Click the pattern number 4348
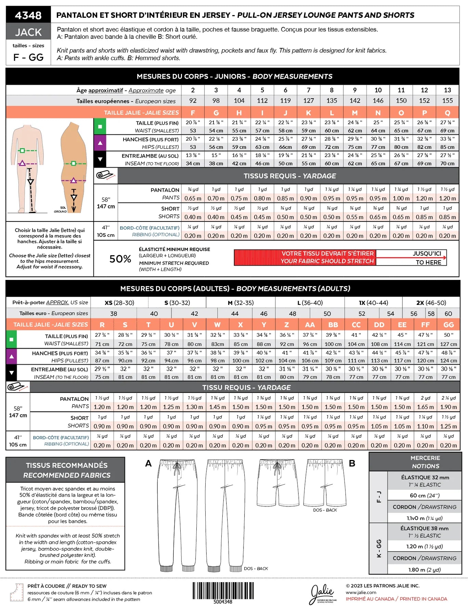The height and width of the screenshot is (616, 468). click(x=28, y=15)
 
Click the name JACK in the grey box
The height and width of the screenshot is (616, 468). click(x=28, y=32)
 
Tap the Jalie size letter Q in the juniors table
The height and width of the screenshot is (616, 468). click(x=447, y=113)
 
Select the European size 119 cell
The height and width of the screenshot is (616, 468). click(x=285, y=101)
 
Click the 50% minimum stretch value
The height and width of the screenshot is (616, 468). click(x=120, y=259)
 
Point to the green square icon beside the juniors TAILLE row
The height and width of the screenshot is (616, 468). click(x=100, y=126)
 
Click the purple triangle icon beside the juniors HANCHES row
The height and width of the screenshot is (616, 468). click(x=100, y=143)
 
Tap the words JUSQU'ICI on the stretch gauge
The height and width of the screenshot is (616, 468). click(x=427, y=254)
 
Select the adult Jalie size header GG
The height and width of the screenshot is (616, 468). click(x=448, y=324)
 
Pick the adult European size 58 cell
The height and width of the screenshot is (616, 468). click(x=431, y=313)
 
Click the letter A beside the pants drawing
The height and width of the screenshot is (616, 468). click(x=148, y=463)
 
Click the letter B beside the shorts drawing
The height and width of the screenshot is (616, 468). click(x=352, y=463)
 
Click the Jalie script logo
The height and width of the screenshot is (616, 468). click(x=322, y=593)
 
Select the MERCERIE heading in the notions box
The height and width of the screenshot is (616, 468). click(x=425, y=458)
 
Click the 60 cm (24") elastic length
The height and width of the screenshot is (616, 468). click(x=425, y=495)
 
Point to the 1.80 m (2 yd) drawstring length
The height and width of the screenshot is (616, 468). click(x=425, y=569)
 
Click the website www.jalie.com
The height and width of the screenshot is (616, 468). click(x=361, y=592)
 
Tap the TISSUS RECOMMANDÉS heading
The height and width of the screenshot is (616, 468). click(x=67, y=465)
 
